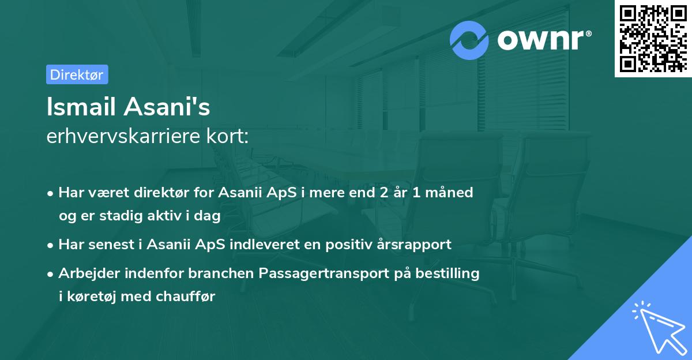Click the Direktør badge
tap(77, 74)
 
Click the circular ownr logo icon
tap(469, 40)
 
